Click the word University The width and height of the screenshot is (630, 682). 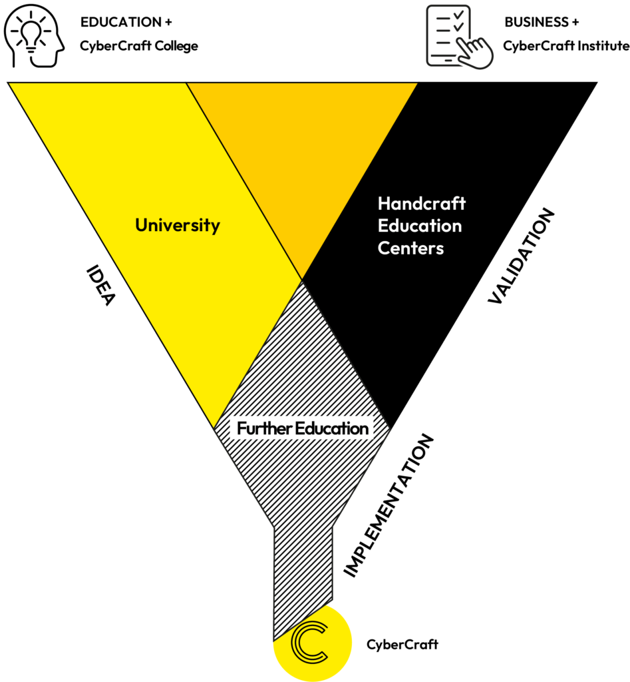pyautogui.click(x=177, y=225)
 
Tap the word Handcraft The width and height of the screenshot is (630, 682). pyautogui.click(x=421, y=203)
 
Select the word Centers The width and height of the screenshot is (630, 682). pyautogui.click(x=410, y=248)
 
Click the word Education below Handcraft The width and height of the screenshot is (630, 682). pyautogui.click(x=419, y=226)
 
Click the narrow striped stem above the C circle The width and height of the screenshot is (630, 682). pyautogui.click(x=303, y=573)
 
